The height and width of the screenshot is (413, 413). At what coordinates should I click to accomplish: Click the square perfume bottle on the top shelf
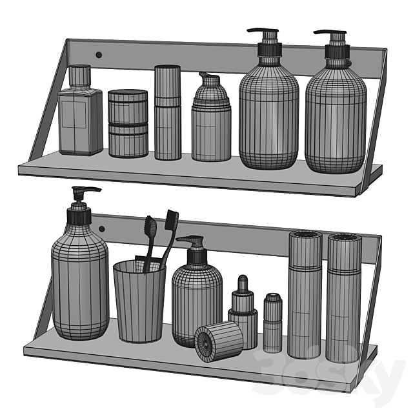point(80,110)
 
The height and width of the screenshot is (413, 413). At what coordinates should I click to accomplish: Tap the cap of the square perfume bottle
point(80,76)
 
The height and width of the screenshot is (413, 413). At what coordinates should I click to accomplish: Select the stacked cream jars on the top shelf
point(128,123)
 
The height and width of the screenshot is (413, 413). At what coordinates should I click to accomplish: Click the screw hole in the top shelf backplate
point(99,55)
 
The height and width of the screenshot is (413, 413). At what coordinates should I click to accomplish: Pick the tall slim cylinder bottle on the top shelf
point(168,112)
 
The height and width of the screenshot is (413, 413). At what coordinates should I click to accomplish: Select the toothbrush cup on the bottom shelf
point(139,302)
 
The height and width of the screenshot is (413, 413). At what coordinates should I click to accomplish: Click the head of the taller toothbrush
point(172,219)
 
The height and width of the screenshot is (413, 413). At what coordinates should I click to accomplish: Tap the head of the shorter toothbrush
point(150,227)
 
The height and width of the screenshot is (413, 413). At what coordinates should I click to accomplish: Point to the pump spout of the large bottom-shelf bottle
point(86,189)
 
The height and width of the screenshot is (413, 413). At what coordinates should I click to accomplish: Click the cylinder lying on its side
point(219,341)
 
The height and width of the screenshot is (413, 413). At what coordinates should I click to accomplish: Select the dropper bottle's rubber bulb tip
point(243,281)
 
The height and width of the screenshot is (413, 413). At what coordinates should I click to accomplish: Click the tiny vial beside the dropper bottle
point(273,323)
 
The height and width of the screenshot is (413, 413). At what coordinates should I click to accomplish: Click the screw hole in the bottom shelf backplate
point(102,228)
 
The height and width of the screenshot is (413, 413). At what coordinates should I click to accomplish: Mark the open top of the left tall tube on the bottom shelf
point(305,235)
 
